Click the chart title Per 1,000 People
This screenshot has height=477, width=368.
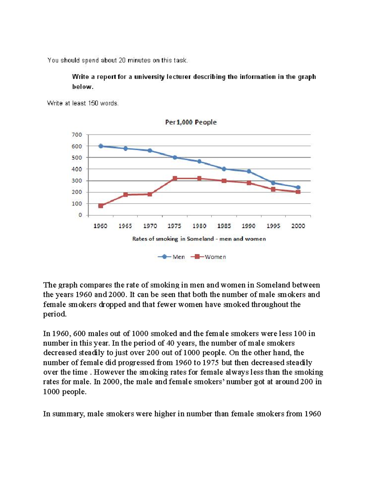(191, 122)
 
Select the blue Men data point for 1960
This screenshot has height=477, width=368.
(101, 146)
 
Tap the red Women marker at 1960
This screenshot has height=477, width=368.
(101, 206)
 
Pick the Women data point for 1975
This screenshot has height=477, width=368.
(175, 178)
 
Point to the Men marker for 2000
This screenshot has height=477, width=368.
(298, 187)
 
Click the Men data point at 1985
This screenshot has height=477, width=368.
(224, 169)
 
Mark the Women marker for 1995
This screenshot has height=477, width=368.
(273, 189)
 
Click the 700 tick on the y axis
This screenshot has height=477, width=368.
(77, 135)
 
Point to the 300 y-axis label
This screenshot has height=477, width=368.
(77, 181)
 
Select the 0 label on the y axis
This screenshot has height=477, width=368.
(80, 215)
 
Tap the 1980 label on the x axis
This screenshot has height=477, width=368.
(199, 226)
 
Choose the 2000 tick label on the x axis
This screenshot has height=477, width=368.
(298, 226)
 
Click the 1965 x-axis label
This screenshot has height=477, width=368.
(125, 226)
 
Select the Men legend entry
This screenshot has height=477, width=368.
(178, 257)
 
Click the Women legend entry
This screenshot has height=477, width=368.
(215, 257)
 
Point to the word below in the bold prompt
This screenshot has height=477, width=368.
(82, 87)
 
